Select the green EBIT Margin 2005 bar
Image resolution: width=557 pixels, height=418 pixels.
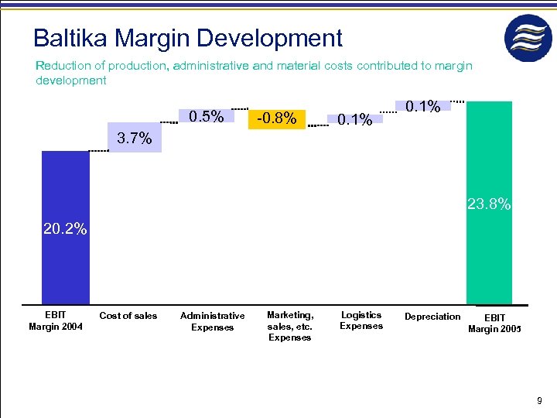point(489,170)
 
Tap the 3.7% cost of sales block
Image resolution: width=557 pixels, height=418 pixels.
point(135,139)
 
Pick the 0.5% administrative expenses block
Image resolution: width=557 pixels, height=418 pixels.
point(207,117)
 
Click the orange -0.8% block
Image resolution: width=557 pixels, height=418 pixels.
point(277,118)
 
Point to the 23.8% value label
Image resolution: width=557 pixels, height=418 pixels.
point(488,205)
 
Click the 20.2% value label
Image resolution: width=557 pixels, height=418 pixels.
point(66,229)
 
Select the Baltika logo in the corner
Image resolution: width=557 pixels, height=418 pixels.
point(529,37)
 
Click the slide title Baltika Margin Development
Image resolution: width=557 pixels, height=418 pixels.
point(187,37)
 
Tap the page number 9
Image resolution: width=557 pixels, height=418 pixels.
point(539,401)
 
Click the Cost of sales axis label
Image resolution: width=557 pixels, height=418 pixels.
point(128,315)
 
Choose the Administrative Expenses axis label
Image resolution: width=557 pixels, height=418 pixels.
point(212,321)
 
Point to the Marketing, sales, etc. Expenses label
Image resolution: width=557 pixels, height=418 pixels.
point(290,326)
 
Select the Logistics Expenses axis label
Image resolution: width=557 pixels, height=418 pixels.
point(361,320)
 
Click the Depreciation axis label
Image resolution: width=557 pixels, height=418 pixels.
point(432,316)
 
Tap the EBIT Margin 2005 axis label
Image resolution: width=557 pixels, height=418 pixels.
point(495,324)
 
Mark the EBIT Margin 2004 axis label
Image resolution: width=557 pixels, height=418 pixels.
point(56,320)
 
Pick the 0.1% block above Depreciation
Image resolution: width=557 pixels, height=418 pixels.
point(422,106)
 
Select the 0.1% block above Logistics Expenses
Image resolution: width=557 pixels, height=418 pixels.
point(354,119)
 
